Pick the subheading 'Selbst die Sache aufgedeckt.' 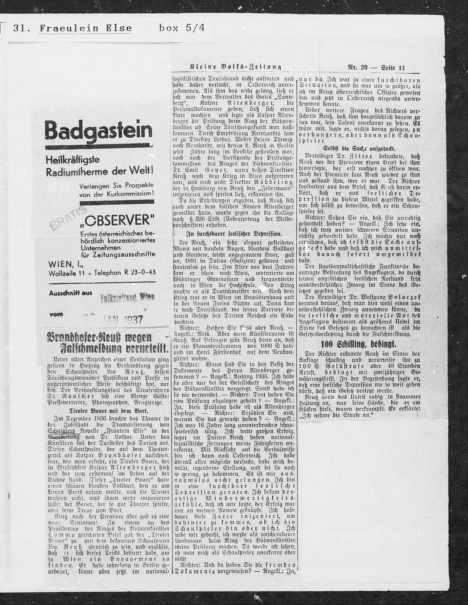click(x=359, y=148)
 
